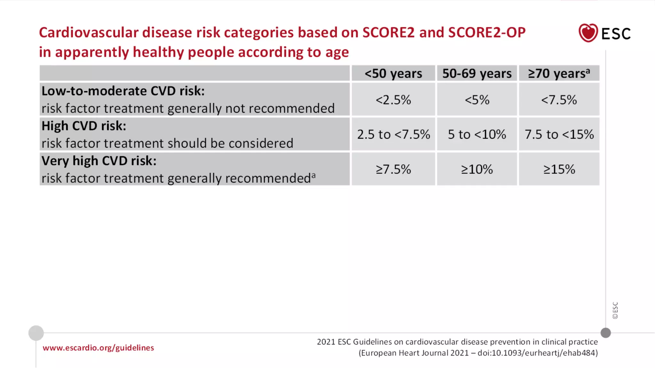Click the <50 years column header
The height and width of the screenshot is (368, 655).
click(x=393, y=73)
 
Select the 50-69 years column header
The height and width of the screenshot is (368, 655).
click(x=477, y=73)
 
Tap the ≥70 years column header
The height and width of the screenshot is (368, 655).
click(x=559, y=73)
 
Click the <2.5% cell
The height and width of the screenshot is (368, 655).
click(x=393, y=100)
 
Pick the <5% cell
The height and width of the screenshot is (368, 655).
click(x=477, y=100)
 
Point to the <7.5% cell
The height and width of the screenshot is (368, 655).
click(x=559, y=100)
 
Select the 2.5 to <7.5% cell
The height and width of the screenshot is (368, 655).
click(x=393, y=134)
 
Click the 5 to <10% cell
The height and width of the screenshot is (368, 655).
click(x=477, y=134)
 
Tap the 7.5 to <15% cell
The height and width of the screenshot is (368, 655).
click(x=559, y=134)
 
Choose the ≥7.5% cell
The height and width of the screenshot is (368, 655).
click(x=393, y=169)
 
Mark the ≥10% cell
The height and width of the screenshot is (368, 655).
click(x=477, y=169)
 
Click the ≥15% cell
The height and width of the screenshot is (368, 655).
click(x=559, y=169)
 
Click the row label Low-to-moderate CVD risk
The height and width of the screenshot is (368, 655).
click(x=123, y=91)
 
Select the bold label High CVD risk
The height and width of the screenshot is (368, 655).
click(x=84, y=126)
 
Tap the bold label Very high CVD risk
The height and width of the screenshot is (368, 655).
click(x=99, y=161)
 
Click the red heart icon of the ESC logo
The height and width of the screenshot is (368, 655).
click(x=588, y=33)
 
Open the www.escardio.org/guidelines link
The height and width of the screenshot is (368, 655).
click(x=98, y=348)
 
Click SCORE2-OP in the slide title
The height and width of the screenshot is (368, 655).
click(x=487, y=33)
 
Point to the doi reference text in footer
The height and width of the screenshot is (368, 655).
click(x=537, y=353)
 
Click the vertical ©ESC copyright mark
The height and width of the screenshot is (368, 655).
click(x=615, y=310)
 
